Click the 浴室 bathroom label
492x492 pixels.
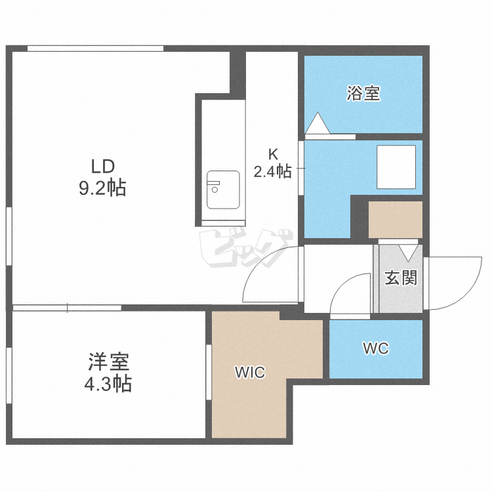pos(363,93)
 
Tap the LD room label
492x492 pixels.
pos(102,167)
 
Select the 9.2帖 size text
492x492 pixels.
pos(102,188)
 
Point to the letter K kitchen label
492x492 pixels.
pos(273,154)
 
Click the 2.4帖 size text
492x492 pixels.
pos(272,172)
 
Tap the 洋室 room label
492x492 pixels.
pos(108,361)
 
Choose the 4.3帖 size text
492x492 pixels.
pos(108,384)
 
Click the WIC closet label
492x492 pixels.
pos(250,372)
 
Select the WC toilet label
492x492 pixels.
pos(376,348)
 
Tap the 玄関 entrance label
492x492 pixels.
pos(401,277)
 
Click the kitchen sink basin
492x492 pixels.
pos(223,190)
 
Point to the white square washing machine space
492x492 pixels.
pos(396,167)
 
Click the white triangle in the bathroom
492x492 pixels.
pos(318,123)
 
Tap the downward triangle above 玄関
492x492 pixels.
pos(408,253)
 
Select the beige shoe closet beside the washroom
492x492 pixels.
pos(396,220)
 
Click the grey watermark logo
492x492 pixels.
pos(246,248)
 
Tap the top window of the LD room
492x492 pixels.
pos(95,49)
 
